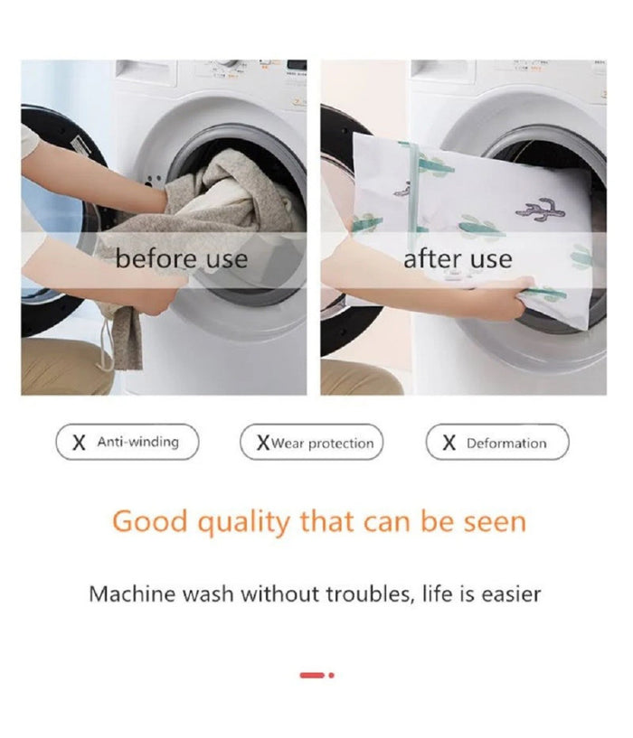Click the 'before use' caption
(x=182, y=259)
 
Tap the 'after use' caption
(x=458, y=259)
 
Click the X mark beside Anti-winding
(x=80, y=443)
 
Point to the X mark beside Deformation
(x=449, y=443)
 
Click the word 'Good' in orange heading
(x=150, y=521)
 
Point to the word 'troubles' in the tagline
(x=371, y=594)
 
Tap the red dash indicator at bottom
(x=312, y=676)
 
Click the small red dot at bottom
(x=331, y=676)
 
